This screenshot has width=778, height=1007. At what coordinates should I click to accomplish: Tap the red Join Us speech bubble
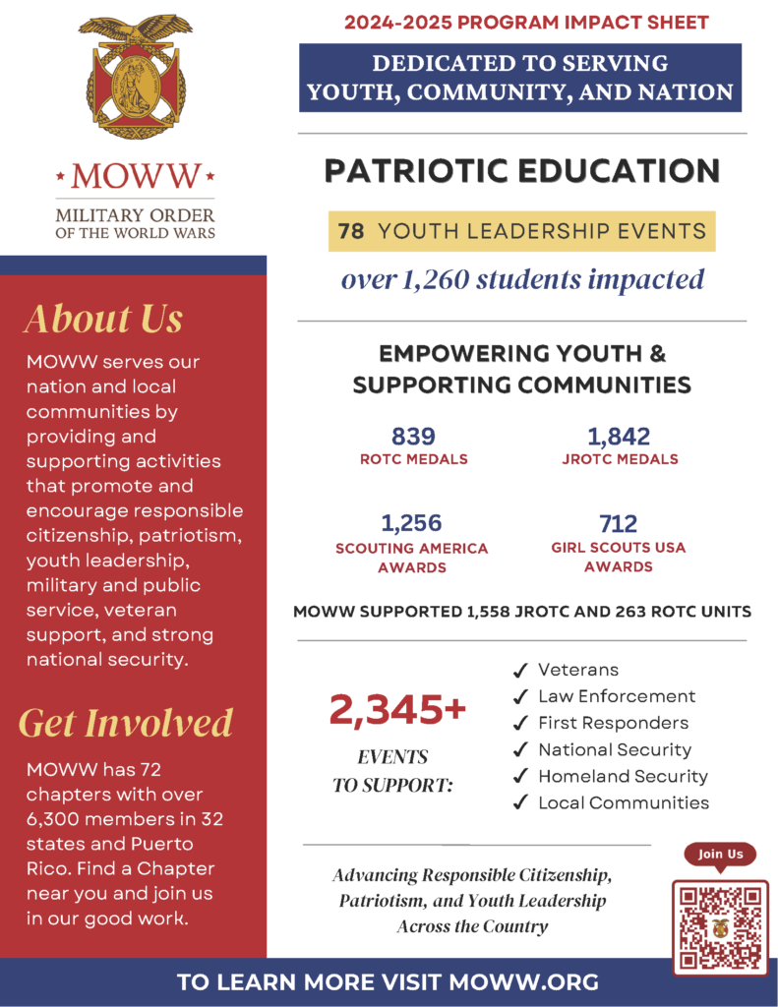[x=720, y=854]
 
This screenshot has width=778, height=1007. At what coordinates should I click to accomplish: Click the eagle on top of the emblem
[x=136, y=29]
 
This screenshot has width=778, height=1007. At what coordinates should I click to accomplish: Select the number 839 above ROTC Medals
[x=413, y=437]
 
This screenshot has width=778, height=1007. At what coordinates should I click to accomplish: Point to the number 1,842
[x=619, y=437]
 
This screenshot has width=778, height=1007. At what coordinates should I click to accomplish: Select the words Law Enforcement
[x=617, y=696]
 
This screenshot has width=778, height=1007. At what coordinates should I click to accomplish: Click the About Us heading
[x=103, y=319]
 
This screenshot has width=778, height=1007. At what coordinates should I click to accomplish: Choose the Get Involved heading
[x=126, y=723]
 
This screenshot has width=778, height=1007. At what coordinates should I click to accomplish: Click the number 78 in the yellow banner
[x=351, y=232]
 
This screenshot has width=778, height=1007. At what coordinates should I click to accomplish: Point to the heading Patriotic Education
[x=521, y=171]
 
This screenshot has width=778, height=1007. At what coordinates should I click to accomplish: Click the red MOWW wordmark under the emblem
[x=136, y=178]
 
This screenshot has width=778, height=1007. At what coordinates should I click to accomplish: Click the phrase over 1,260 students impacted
[x=522, y=279]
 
